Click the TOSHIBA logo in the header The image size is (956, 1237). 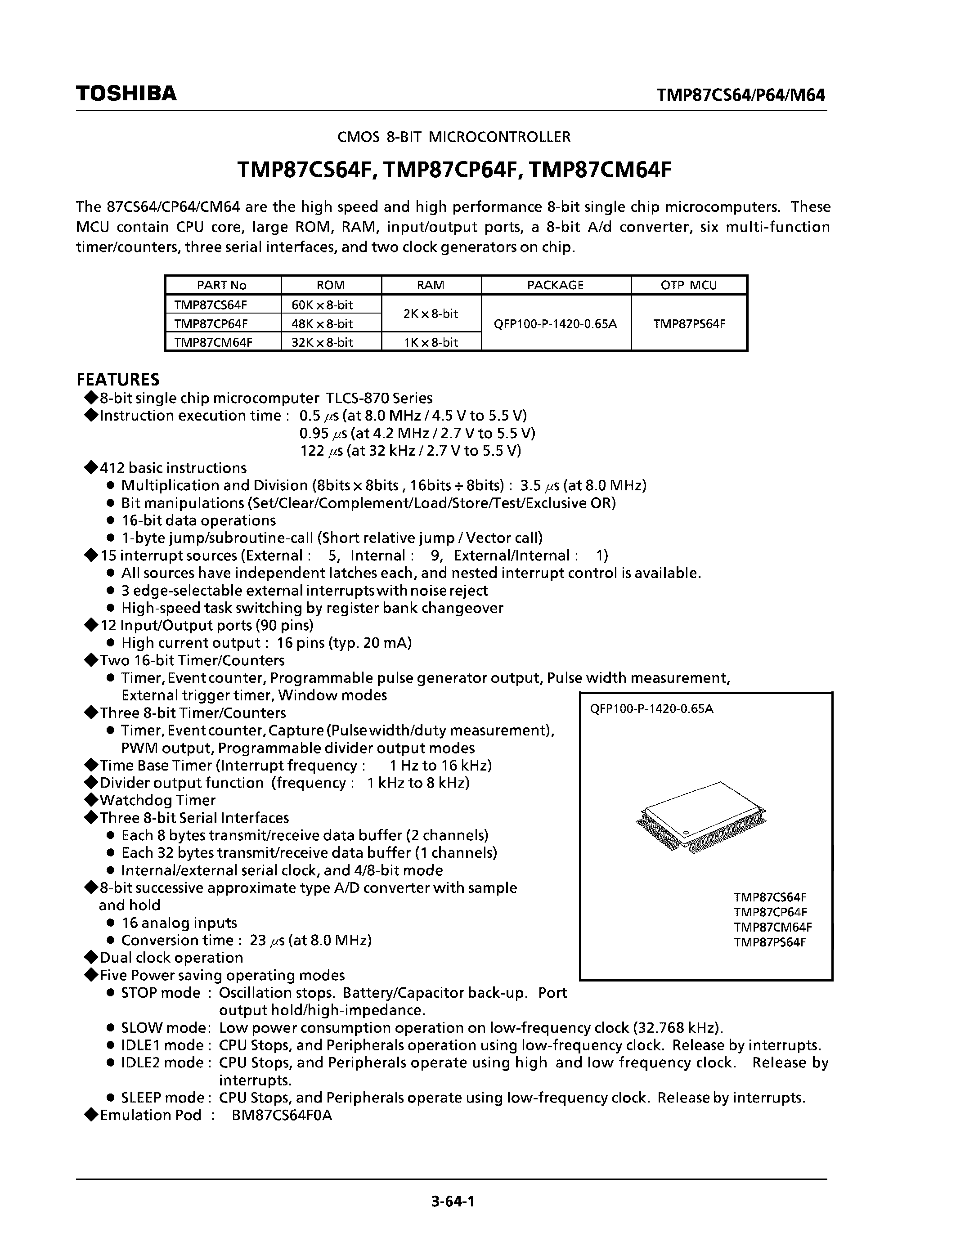[126, 94]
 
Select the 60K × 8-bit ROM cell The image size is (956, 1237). [322, 305]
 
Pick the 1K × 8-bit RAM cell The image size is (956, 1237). [431, 342]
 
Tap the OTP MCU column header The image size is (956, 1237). [689, 285]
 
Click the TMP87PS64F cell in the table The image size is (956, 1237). [689, 323]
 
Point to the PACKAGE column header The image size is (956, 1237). [555, 285]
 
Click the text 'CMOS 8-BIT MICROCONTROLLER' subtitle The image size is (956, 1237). [453, 136]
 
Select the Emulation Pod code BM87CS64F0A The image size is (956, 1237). [282, 1115]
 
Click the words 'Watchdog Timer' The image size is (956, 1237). [157, 800]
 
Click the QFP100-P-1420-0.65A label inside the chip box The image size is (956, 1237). [651, 708]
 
